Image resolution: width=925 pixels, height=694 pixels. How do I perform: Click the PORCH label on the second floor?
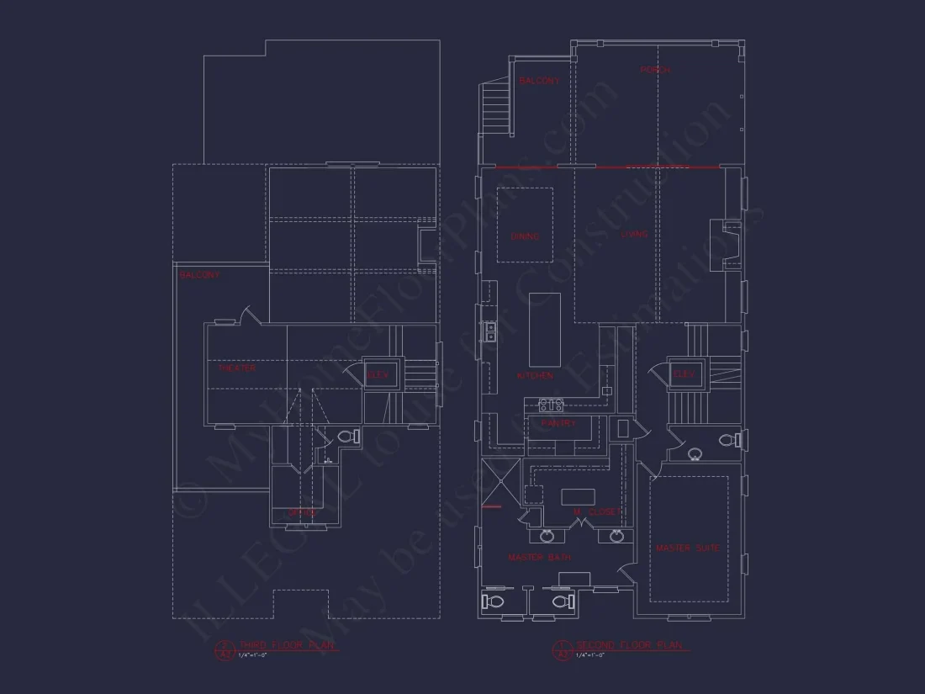point(655,71)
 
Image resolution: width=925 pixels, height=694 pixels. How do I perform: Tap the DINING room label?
point(525,237)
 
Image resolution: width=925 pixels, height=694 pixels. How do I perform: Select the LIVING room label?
point(634,235)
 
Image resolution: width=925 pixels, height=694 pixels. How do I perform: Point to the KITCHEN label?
point(536,375)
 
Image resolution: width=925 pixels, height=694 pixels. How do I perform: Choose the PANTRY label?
point(558,424)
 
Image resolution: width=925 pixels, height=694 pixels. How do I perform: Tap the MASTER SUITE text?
point(688,548)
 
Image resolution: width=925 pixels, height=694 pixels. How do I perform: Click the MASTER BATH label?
point(539,558)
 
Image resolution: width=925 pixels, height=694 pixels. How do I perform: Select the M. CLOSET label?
point(596,511)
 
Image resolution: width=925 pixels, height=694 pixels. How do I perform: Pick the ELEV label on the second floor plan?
point(683,374)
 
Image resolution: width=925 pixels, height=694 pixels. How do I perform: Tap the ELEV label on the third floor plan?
point(378,376)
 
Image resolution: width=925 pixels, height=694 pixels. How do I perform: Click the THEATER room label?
point(237,368)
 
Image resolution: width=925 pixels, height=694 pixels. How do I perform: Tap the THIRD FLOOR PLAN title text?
point(288,645)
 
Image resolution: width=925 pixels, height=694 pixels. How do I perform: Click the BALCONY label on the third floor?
point(199,275)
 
